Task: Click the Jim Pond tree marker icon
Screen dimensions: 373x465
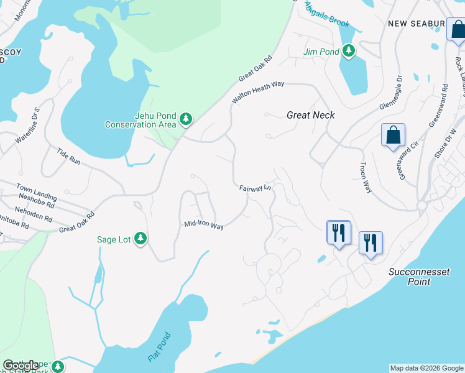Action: tap(349, 50)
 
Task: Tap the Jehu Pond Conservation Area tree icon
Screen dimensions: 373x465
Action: tap(185, 119)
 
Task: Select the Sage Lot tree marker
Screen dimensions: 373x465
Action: tap(141, 239)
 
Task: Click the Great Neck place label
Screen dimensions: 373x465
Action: tap(311, 115)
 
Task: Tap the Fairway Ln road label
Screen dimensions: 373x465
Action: tap(256, 187)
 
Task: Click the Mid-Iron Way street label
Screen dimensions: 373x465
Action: tap(203, 226)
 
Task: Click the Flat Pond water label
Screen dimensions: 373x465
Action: tap(159, 349)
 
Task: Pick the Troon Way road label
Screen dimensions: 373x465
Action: tap(365, 177)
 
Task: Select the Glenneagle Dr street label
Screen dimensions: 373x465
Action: tap(391, 93)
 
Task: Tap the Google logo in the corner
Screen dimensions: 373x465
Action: tap(21, 366)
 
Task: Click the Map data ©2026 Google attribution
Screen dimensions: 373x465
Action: tap(426, 368)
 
